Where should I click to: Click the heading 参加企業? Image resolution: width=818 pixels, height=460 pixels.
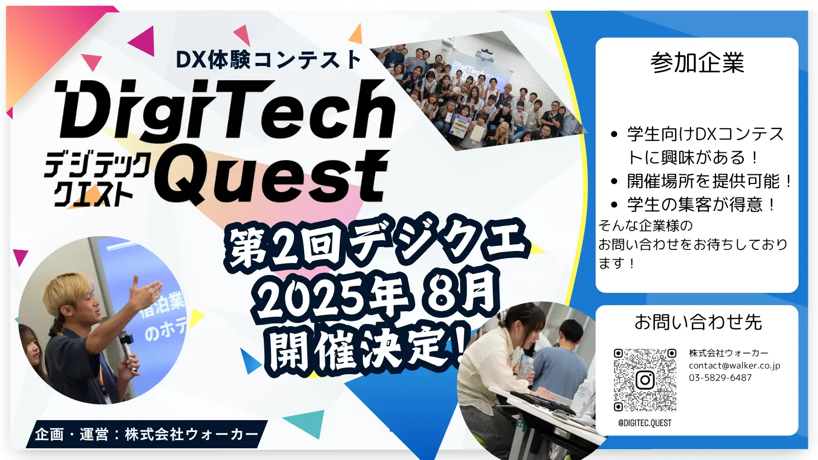[697, 63]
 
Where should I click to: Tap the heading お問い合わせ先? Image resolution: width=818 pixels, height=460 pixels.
[698, 322]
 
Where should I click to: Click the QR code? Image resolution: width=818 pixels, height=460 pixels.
[645, 380]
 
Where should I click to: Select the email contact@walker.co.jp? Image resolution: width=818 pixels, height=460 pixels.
[734, 365]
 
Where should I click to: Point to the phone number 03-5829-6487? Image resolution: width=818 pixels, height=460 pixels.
[720, 378]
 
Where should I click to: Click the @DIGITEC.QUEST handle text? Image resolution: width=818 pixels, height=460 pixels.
[645, 423]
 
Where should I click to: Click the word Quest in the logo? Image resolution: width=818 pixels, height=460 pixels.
[272, 175]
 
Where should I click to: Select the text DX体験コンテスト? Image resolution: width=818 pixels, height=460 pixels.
[268, 59]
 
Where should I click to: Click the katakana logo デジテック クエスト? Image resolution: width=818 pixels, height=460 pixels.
[97, 179]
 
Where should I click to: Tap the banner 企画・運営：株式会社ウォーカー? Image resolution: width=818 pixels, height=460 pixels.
[146, 434]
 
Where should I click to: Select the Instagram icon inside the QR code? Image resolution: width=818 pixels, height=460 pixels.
[645, 380]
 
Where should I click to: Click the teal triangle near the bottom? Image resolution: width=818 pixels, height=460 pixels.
[306, 423]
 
